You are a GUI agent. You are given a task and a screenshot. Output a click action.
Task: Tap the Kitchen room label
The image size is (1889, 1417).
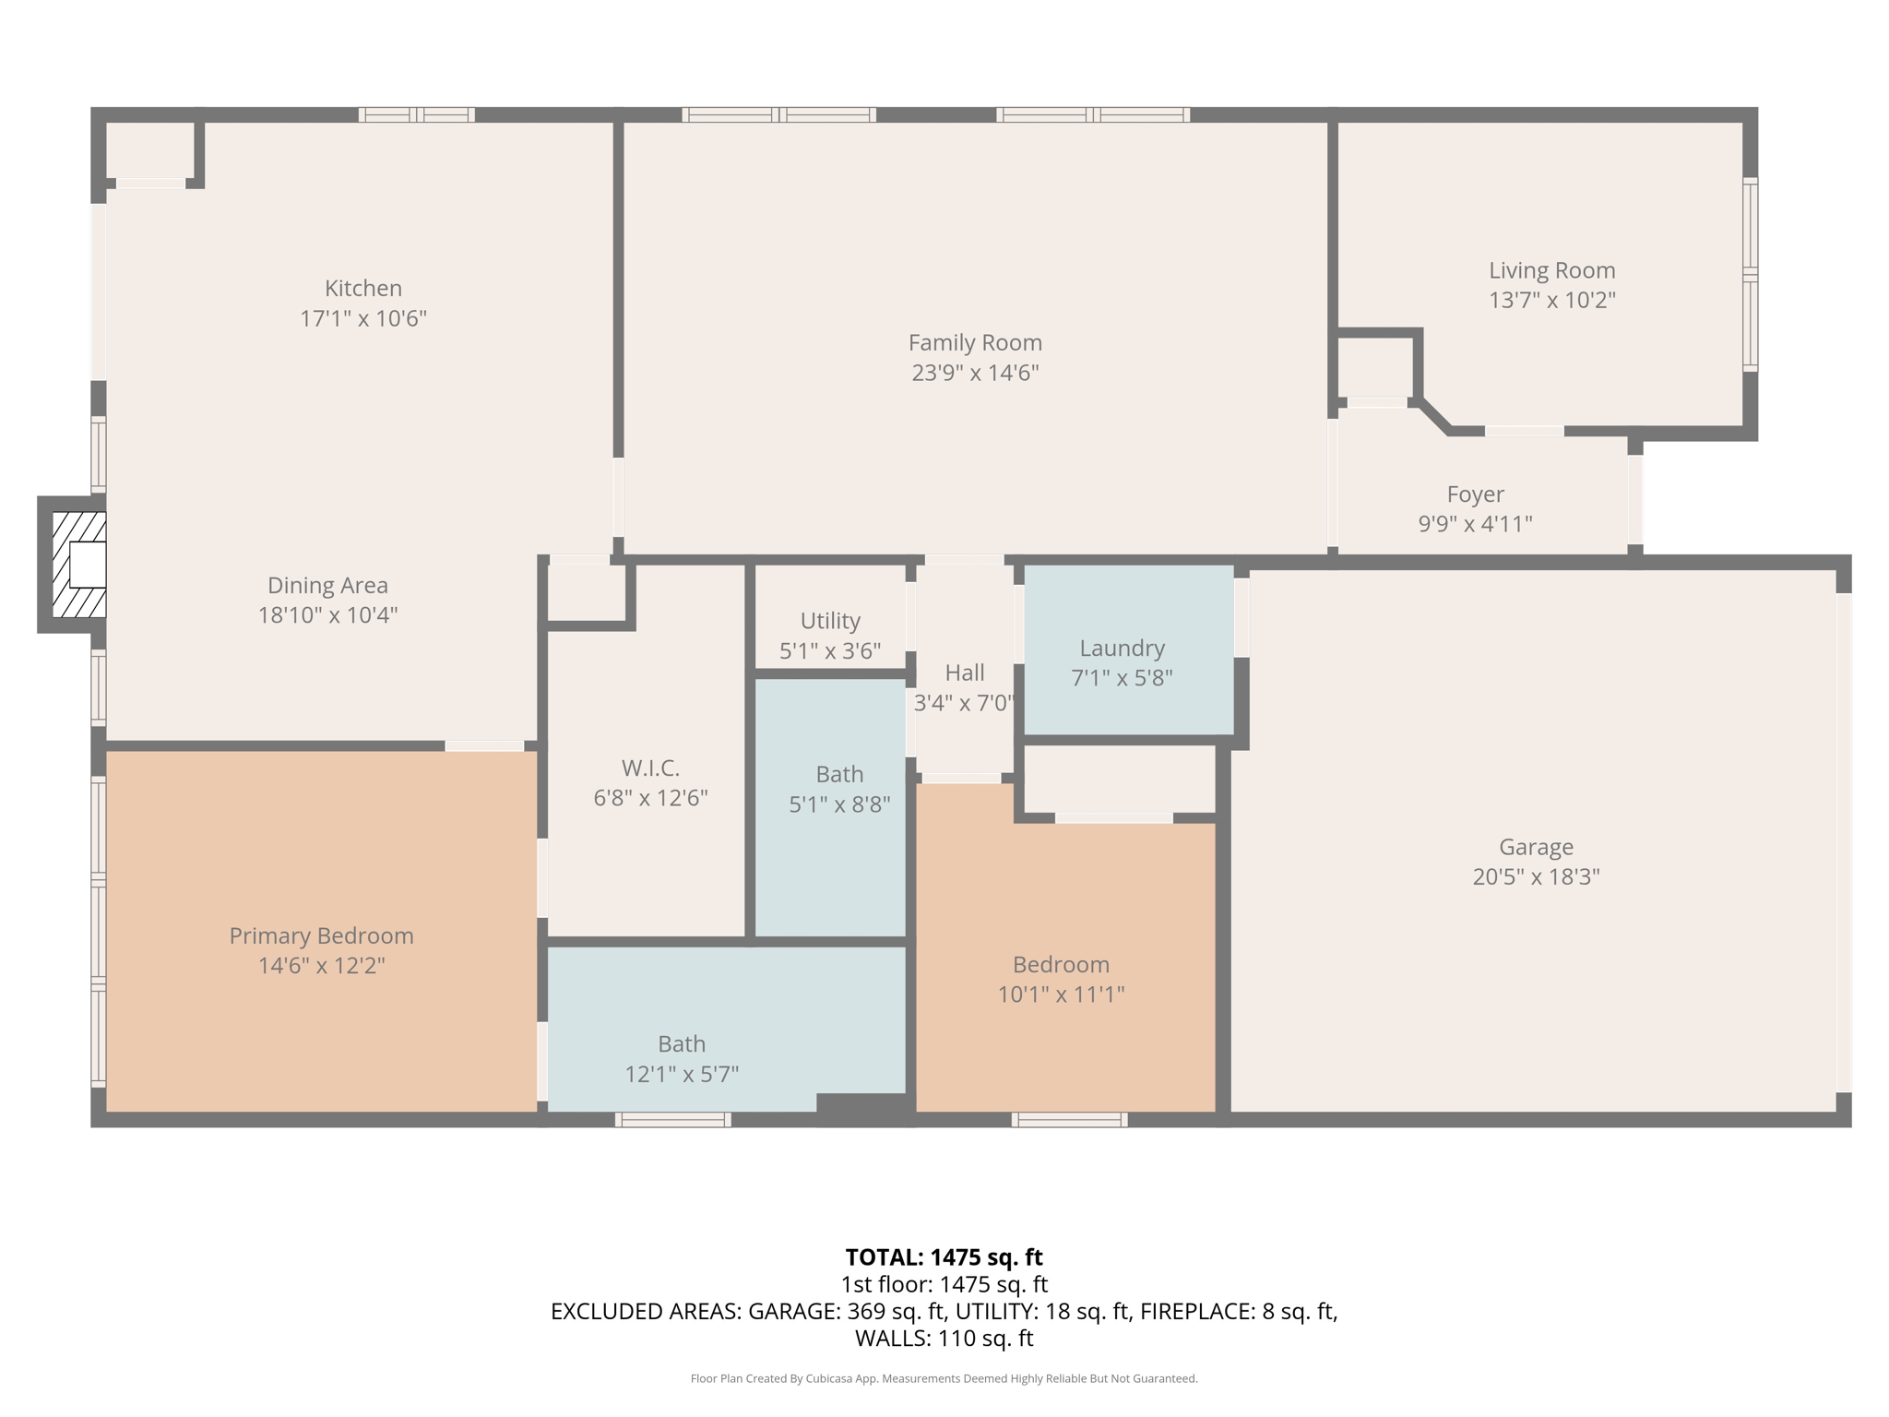pos(362,288)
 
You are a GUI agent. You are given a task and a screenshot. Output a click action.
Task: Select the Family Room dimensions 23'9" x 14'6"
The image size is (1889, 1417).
pos(975,373)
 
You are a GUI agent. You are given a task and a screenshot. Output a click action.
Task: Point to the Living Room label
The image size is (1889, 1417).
pos(1551,270)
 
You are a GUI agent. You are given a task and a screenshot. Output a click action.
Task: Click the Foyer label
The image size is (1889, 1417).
pos(1475,494)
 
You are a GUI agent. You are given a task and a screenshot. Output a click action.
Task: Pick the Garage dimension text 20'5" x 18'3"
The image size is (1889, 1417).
pos(1536,876)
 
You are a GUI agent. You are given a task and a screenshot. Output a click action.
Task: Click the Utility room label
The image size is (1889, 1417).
pos(830,621)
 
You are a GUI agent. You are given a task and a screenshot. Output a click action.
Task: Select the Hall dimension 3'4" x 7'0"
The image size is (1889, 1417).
pos(964,703)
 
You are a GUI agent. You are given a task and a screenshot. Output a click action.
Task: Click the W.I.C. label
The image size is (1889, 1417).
pos(650,768)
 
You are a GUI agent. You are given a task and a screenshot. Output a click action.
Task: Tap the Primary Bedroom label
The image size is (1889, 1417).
pos(321,935)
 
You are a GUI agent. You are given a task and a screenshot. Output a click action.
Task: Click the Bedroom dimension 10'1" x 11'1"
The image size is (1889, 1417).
pos(1061,994)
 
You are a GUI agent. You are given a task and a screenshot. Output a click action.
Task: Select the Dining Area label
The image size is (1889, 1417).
pos(327,585)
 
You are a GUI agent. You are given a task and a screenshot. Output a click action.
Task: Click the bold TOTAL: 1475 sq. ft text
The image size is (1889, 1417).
pos(944,1257)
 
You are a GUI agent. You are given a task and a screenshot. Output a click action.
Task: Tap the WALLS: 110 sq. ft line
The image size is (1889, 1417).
pos(944,1339)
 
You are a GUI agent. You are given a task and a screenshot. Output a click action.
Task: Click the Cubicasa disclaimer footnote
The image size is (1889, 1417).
pos(944,1379)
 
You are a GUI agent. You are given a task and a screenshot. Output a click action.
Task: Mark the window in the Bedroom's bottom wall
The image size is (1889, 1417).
pos(1069,1120)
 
